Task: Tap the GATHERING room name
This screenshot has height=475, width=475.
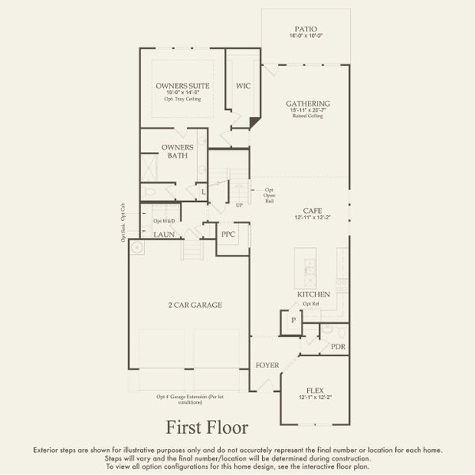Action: click(x=308, y=104)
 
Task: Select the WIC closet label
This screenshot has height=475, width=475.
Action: click(x=243, y=86)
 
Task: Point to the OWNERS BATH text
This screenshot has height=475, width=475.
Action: click(x=177, y=151)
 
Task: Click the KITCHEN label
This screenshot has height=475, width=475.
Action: click(x=313, y=294)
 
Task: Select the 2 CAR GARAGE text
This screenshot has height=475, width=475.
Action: click(x=194, y=305)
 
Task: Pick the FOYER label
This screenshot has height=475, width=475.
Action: click(x=267, y=365)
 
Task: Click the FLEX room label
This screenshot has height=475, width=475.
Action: click(x=314, y=390)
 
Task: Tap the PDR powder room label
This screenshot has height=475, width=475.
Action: click(x=338, y=347)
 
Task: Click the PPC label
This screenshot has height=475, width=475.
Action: click(x=229, y=234)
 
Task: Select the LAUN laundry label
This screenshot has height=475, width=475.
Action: click(x=164, y=234)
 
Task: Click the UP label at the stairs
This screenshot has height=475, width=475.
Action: click(x=239, y=206)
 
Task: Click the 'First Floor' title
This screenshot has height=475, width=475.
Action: click(x=207, y=427)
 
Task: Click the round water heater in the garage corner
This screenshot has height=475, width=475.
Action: click(x=136, y=248)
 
